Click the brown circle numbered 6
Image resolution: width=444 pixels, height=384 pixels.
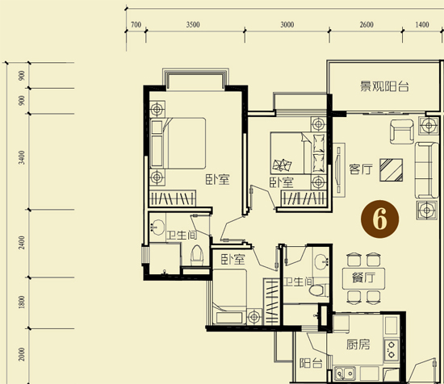pos(379,219)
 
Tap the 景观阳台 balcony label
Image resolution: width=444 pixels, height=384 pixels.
pos(384,86)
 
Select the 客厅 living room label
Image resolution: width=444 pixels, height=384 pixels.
pos(361,169)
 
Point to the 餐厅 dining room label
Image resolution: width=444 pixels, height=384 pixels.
pos(363,278)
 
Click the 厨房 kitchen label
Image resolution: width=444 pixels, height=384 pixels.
pos(358,344)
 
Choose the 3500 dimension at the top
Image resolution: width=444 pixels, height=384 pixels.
pos(193,25)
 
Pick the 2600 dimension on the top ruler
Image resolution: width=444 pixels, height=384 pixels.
pos(367,25)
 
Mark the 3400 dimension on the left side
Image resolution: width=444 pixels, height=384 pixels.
pos(22,157)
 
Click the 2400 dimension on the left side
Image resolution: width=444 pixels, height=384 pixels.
pos(22,243)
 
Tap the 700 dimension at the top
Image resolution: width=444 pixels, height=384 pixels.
pos(136,25)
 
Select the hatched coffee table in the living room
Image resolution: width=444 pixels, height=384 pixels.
pos(391,169)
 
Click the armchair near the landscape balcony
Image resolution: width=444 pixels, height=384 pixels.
pos(402,131)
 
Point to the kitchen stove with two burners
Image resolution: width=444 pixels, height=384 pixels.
pos(392,349)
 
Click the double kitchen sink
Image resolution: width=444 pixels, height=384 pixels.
pos(345,374)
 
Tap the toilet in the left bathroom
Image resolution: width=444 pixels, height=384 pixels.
pos(197,255)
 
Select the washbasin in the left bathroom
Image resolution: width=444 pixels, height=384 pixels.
pos(157,227)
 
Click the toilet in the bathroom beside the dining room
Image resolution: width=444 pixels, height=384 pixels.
pos(319,290)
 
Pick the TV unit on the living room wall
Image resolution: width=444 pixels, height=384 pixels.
pos(338,170)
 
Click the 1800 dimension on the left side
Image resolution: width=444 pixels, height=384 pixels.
pos(22,303)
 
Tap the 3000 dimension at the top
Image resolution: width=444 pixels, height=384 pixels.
pos(287,25)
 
